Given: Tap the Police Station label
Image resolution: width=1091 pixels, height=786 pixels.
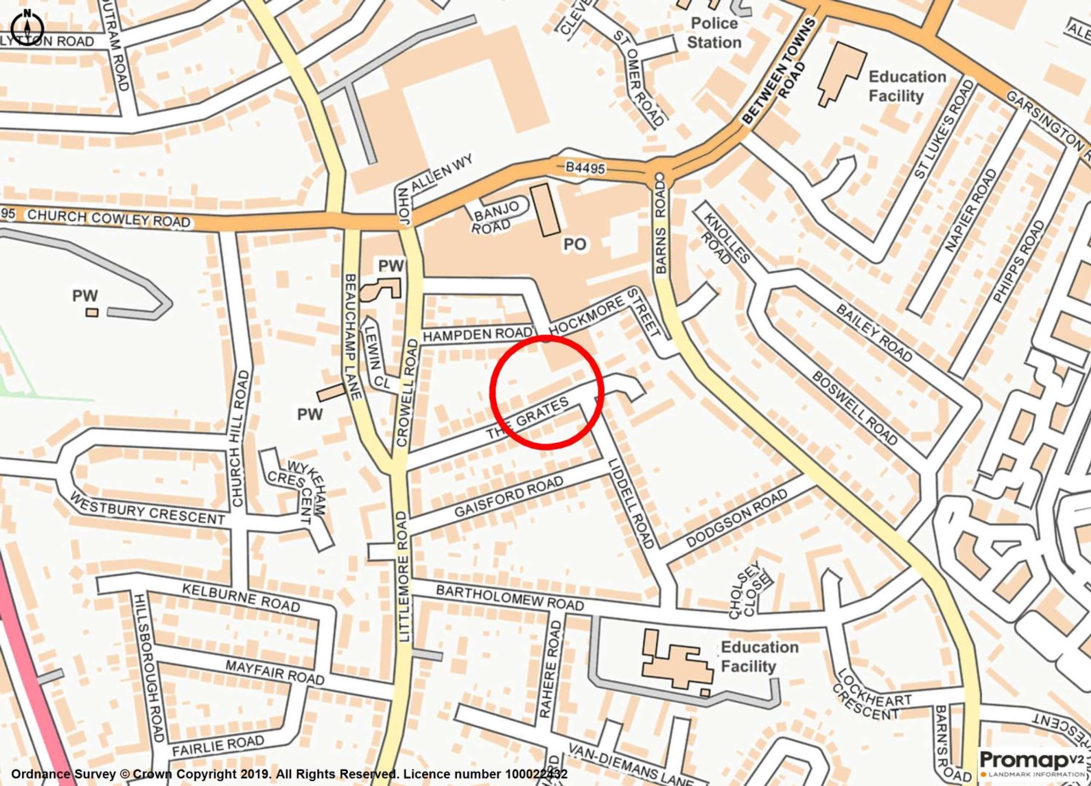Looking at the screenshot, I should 714,33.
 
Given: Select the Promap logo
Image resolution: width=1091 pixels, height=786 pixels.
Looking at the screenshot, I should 1034,761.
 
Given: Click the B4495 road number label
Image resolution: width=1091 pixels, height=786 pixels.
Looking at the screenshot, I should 584,168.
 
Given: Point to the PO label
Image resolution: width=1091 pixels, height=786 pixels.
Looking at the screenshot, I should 575,244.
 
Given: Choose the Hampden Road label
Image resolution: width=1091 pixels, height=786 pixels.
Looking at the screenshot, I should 478,334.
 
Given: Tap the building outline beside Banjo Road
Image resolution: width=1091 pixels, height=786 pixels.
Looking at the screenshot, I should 545,210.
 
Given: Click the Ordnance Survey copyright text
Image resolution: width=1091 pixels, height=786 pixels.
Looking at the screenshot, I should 289,774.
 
